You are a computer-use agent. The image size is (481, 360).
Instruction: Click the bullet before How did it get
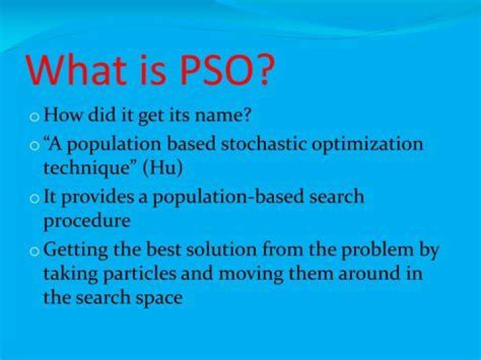coord(35,118)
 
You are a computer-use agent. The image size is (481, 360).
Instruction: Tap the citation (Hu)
coord(162,168)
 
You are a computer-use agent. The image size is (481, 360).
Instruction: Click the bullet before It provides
coord(35,199)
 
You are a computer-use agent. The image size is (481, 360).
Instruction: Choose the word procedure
coord(87,221)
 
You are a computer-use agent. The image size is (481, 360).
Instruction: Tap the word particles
coord(140,275)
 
